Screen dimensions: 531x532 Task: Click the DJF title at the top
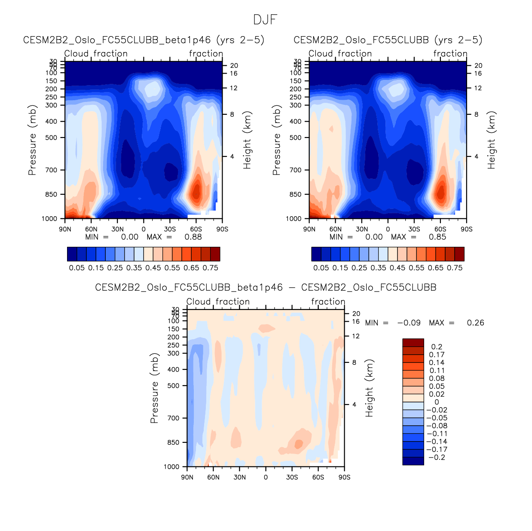tap(265, 20)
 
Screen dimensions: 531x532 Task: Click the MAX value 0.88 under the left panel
tap(193, 237)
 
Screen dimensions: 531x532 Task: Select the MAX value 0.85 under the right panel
tap(437, 237)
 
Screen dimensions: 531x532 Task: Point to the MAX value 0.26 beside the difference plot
tap(475, 323)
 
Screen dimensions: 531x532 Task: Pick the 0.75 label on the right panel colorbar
tap(455, 268)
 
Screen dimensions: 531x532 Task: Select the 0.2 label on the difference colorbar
tap(437, 347)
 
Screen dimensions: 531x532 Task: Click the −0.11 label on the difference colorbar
tap(437, 434)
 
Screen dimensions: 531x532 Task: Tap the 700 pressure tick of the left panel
tap(51, 170)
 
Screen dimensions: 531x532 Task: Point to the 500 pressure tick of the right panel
tap(296, 138)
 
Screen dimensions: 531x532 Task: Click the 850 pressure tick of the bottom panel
tap(173, 442)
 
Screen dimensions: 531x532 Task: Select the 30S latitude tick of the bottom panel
tap(292, 477)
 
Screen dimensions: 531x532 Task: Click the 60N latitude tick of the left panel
tap(91, 229)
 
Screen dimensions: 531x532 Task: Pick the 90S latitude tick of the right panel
tap(466, 229)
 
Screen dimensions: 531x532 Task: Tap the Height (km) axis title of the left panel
tap(247, 140)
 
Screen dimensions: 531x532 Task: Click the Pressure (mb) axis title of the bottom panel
tap(154, 388)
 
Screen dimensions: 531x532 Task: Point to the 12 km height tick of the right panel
tap(478, 88)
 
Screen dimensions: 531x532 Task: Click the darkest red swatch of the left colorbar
tap(215, 254)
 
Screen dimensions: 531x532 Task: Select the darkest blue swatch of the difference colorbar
tap(413, 461)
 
